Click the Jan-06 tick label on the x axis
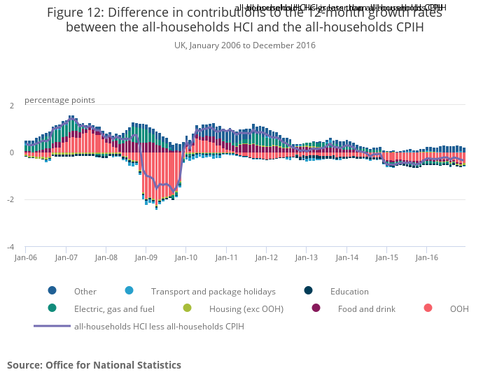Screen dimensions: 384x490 click(25, 257)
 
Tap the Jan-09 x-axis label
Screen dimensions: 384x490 click(146, 257)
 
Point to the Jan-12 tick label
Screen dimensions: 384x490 click(266, 257)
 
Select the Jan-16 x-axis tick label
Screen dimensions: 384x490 click(427, 257)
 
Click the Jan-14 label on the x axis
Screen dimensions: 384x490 click(346, 257)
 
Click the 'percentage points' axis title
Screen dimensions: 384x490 click(59, 100)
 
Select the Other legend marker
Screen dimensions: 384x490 click(52, 291)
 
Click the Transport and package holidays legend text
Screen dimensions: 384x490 click(213, 292)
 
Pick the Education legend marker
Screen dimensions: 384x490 click(309, 291)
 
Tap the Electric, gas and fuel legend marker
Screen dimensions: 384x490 click(52, 308)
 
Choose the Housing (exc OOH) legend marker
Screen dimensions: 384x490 click(187, 308)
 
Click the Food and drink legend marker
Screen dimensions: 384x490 click(316, 308)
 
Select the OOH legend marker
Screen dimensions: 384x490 click(428, 308)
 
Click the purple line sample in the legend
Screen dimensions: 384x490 click(52, 326)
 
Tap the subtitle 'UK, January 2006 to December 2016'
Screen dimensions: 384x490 click(245, 45)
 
